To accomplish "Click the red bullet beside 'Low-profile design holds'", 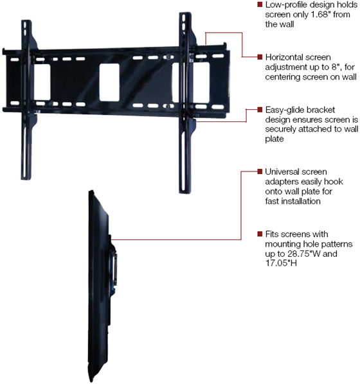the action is coord(260,4).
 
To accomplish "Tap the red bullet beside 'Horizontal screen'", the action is coord(260,57).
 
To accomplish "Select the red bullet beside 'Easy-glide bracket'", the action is coord(260,109).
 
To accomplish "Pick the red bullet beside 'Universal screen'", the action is coord(260,171).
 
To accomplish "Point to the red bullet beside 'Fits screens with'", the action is coord(260,234).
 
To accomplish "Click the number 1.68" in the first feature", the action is coord(319,15).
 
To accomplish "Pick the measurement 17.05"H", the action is coord(281,263).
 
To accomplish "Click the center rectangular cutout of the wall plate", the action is coord(109,83).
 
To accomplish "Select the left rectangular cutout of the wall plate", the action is coord(42,82).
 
